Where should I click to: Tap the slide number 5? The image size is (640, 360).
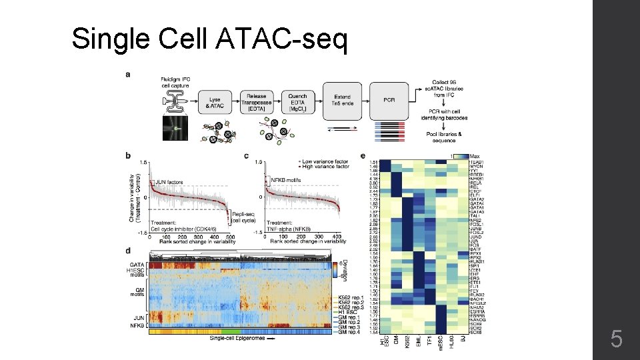click(617, 341)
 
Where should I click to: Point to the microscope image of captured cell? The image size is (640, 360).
click(175, 127)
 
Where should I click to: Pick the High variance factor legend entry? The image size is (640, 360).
click(324, 167)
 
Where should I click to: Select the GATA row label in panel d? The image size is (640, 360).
click(137, 265)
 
